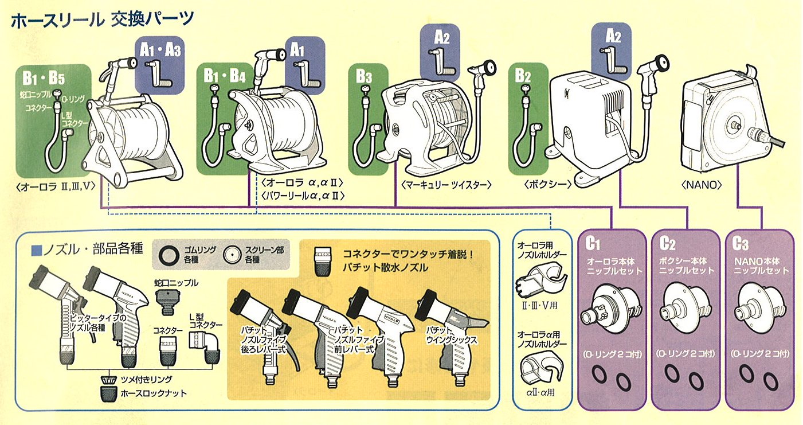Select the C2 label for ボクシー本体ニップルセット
[x=667, y=243]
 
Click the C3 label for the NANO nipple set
[x=741, y=243]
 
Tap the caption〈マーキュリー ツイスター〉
[x=446, y=185]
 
